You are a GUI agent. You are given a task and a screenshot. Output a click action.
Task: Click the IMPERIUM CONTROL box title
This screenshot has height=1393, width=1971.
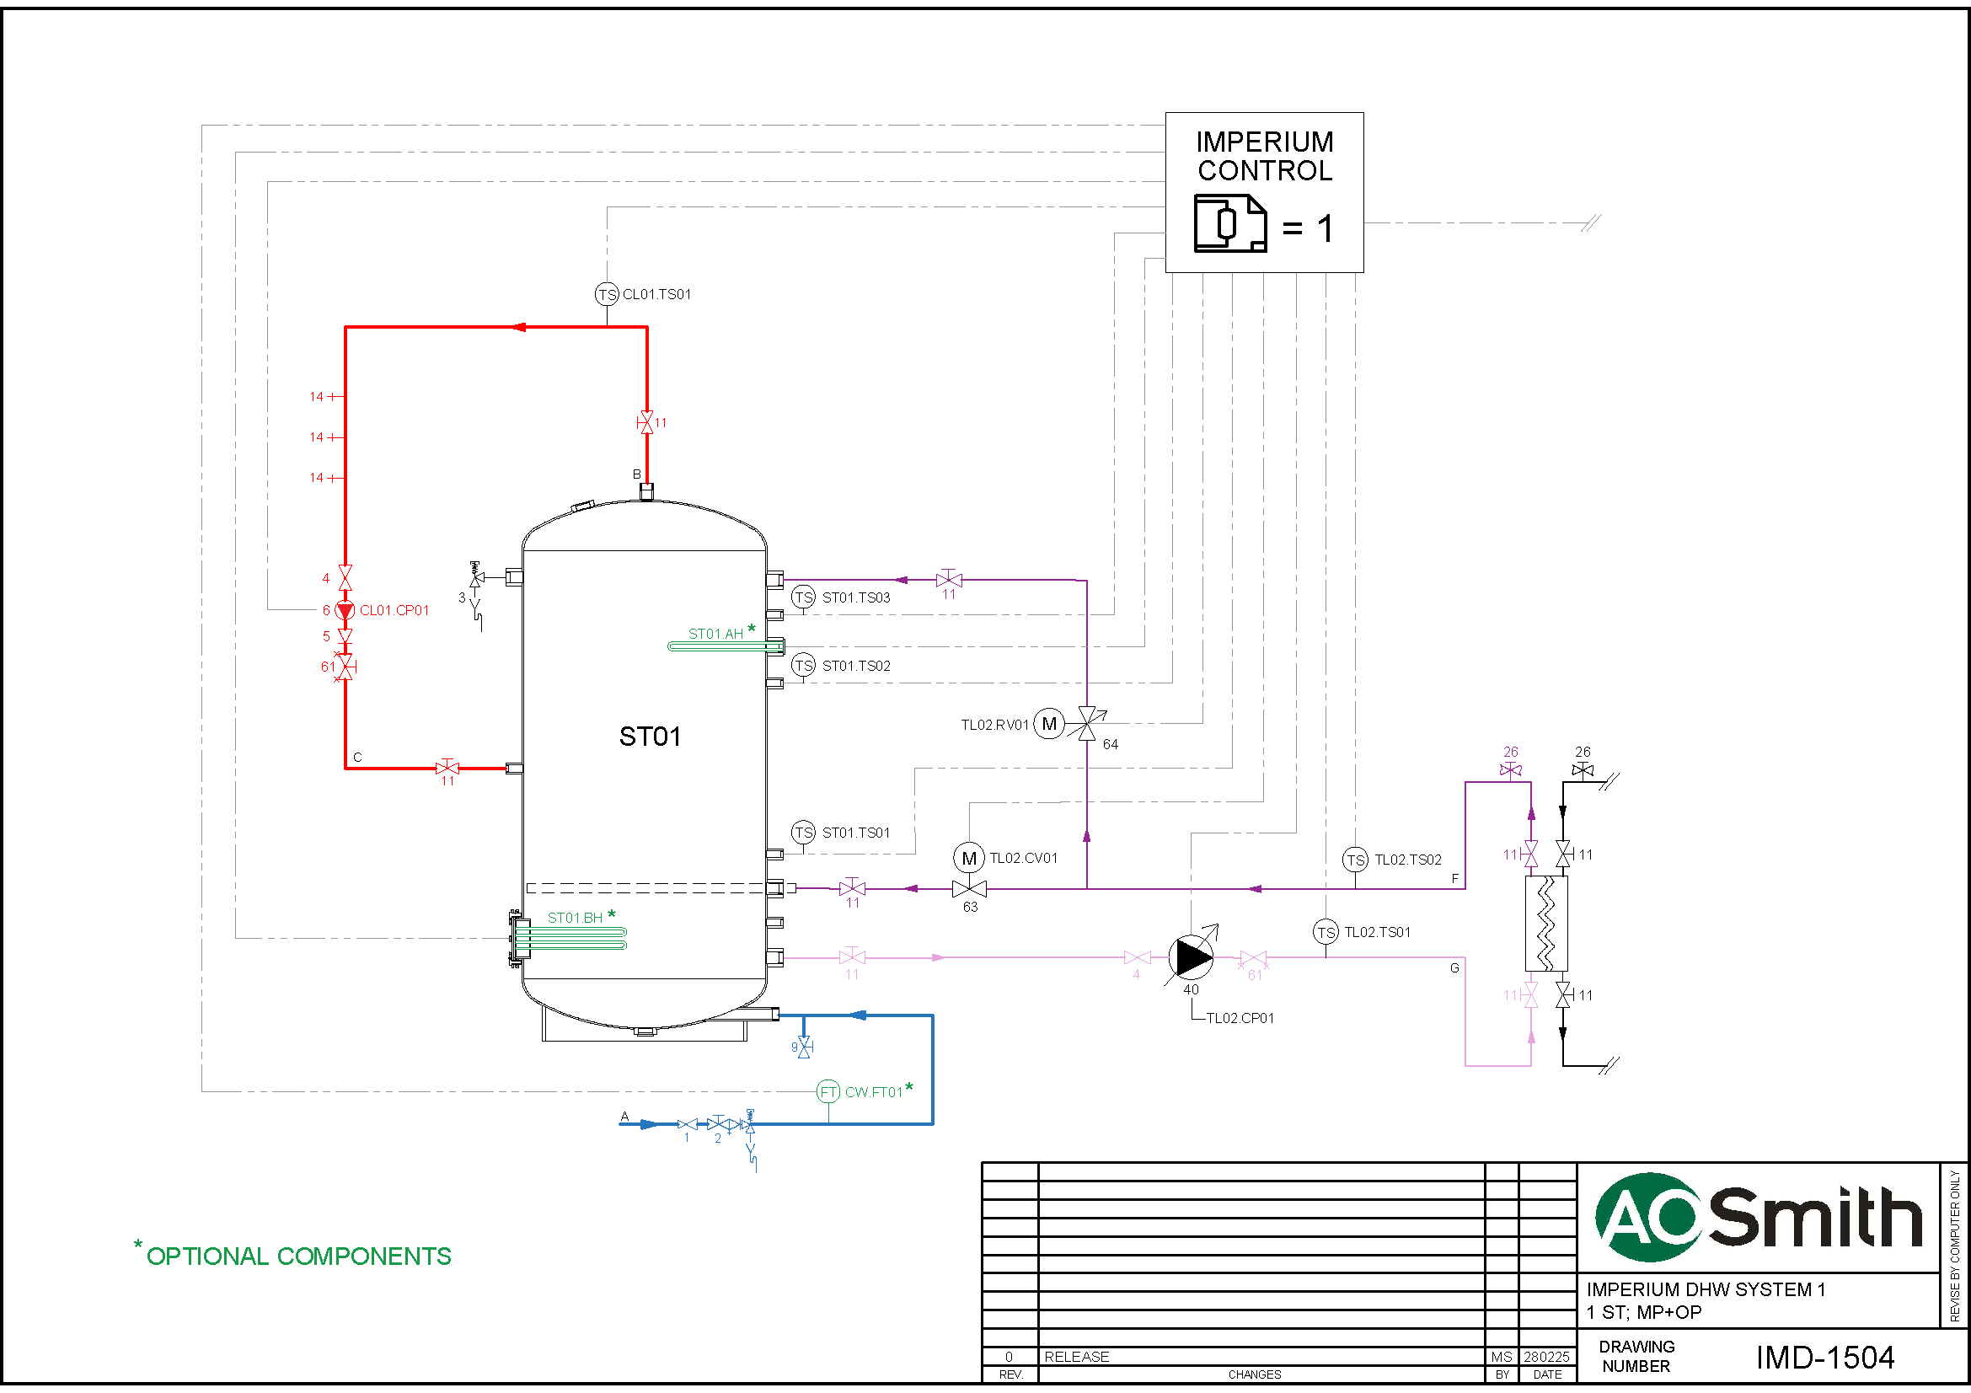[1265, 156]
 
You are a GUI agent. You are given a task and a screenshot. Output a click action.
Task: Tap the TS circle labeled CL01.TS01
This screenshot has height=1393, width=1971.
[607, 294]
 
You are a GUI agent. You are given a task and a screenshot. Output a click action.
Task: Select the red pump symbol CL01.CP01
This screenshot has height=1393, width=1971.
[345, 610]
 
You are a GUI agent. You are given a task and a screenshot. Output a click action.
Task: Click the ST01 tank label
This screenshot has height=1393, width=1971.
[650, 737]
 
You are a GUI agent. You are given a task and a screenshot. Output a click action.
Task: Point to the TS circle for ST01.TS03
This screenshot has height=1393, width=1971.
[803, 597]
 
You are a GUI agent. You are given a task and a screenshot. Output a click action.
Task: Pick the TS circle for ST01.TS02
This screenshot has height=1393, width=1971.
[803, 665]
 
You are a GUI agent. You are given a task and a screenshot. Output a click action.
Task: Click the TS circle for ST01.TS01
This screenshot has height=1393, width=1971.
[803, 832]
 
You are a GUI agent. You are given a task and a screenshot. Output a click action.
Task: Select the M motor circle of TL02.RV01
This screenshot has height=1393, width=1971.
[1048, 724]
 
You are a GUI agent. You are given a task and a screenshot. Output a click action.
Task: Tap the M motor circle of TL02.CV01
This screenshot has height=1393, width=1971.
[969, 857]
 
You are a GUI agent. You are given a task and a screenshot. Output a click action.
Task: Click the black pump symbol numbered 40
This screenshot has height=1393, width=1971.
[1191, 957]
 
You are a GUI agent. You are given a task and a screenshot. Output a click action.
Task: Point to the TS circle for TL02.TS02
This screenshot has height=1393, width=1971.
[1355, 860]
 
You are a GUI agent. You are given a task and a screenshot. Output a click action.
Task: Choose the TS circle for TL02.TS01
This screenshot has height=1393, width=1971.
[1326, 932]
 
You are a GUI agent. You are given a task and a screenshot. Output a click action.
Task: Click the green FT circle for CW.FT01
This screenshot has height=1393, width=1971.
[827, 1092]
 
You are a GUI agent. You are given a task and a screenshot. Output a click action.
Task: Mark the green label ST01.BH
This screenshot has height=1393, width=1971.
[576, 918]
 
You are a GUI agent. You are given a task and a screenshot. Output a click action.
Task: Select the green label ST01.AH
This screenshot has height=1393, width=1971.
[715, 634]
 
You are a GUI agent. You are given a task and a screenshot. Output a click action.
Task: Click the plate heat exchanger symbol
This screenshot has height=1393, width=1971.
[1546, 924]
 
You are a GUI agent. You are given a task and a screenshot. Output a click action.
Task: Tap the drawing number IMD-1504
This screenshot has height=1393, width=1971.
[1824, 1357]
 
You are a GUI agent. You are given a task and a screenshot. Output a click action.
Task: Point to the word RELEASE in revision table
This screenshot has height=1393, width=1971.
[1076, 1356]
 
